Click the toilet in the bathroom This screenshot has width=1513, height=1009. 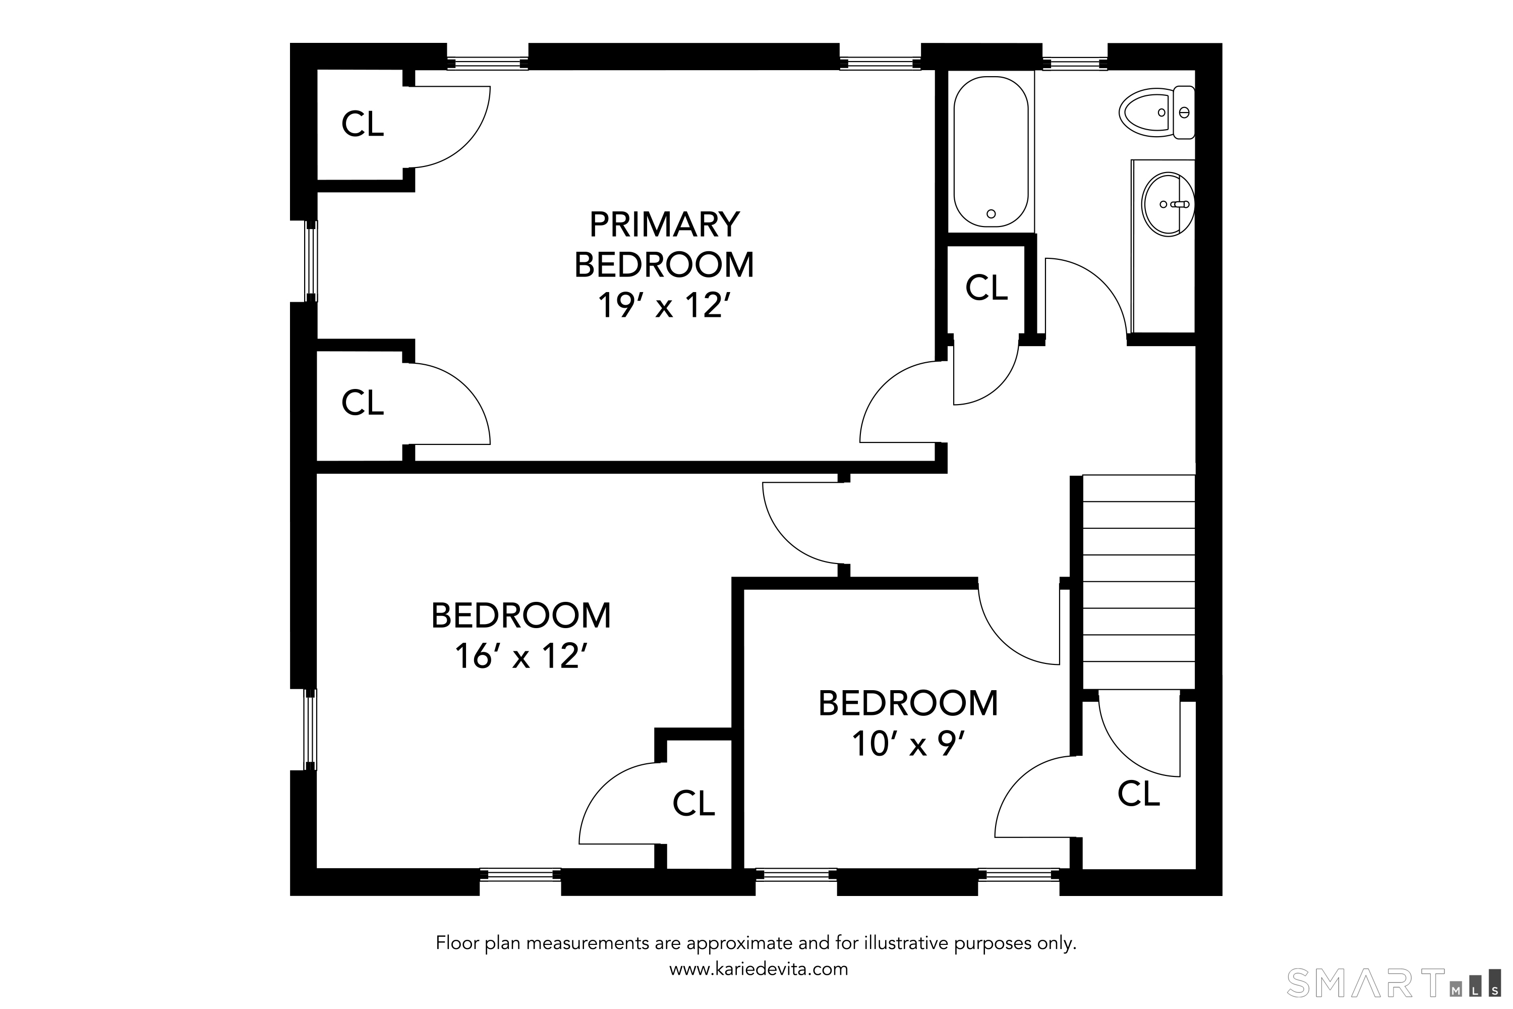1156,113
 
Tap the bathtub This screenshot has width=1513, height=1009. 991,151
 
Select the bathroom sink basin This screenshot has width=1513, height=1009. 1168,204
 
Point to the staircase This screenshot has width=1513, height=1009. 1139,582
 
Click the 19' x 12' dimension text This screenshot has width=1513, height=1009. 665,306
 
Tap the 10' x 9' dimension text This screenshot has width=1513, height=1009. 908,744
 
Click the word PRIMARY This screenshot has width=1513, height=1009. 665,225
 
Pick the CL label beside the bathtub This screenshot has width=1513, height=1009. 986,288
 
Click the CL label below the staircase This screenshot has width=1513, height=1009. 1139,794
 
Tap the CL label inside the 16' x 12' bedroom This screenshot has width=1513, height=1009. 693,803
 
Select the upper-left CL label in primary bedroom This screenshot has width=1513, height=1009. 362,124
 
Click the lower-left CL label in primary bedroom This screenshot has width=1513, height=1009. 362,403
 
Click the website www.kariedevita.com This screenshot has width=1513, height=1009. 759,969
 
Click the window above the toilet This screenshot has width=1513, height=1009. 1075,64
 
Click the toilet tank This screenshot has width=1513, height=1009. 1184,113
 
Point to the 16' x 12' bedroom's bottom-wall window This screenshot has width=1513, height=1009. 520,874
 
